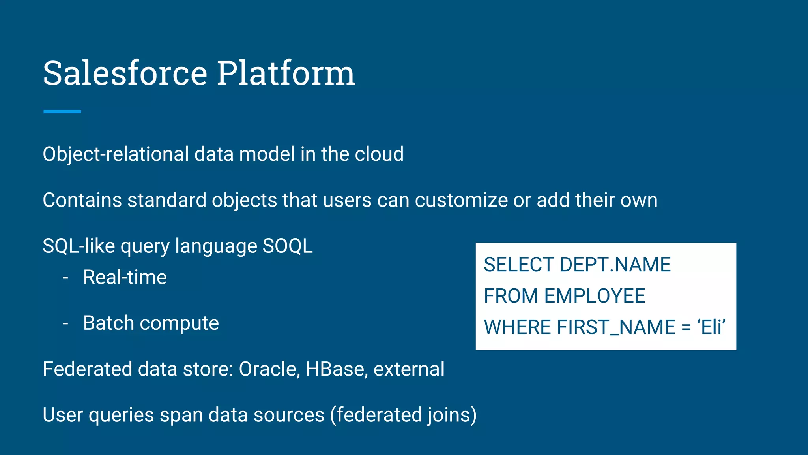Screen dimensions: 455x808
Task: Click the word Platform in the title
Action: click(x=286, y=73)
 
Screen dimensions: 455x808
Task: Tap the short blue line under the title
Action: click(x=62, y=112)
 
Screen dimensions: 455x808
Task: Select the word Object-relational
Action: click(x=116, y=154)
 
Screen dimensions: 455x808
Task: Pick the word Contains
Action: click(x=82, y=200)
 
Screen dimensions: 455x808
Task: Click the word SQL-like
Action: click(x=79, y=246)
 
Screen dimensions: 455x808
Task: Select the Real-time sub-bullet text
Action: click(x=125, y=277)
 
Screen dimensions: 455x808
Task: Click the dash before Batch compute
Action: click(x=65, y=323)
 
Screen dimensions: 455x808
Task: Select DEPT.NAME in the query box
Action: click(x=615, y=265)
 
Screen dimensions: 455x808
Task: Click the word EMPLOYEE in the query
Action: click(x=595, y=296)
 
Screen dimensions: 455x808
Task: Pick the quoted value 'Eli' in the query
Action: click(x=711, y=327)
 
